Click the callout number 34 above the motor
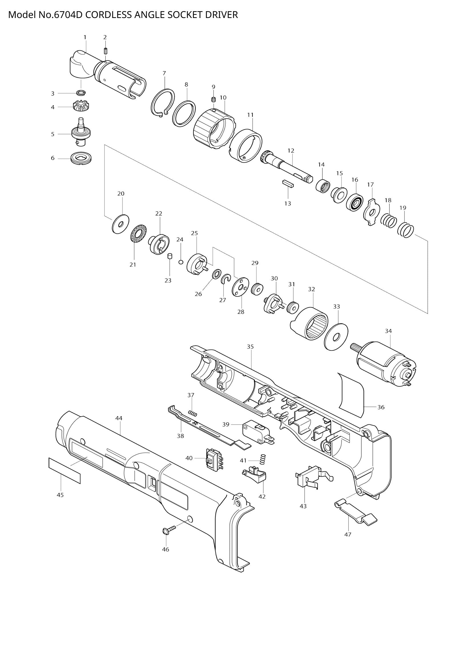[388, 331]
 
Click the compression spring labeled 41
[263, 459]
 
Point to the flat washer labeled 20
[121, 224]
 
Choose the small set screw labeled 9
[213, 99]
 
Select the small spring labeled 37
[193, 414]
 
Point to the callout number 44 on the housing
[119, 418]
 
